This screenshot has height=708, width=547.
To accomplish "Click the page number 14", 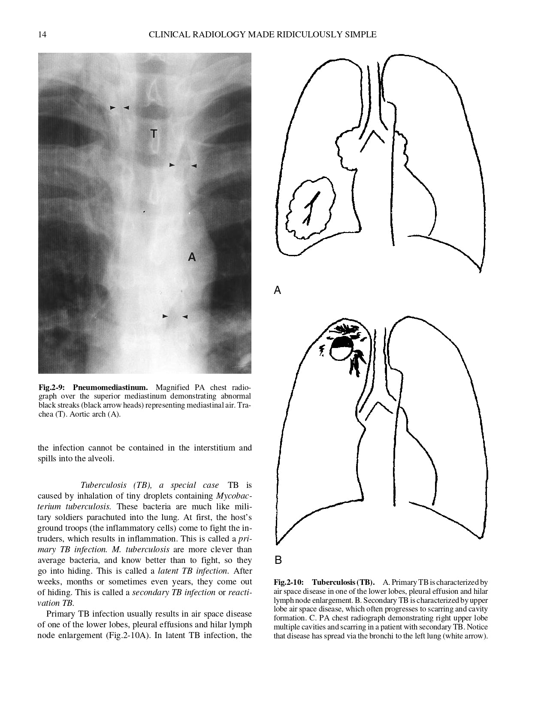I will point(42,35).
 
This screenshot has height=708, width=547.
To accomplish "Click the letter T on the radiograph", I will point(154,133).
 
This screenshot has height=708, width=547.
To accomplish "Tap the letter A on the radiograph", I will point(192,257).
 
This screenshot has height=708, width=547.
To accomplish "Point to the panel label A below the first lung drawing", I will point(278,290).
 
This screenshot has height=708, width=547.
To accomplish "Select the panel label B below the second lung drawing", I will point(278,560).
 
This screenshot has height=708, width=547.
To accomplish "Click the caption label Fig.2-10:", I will point(289,582).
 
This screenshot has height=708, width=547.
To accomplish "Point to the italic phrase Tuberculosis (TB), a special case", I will point(149,485).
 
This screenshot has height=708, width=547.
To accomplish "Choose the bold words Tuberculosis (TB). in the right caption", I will point(343,582).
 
